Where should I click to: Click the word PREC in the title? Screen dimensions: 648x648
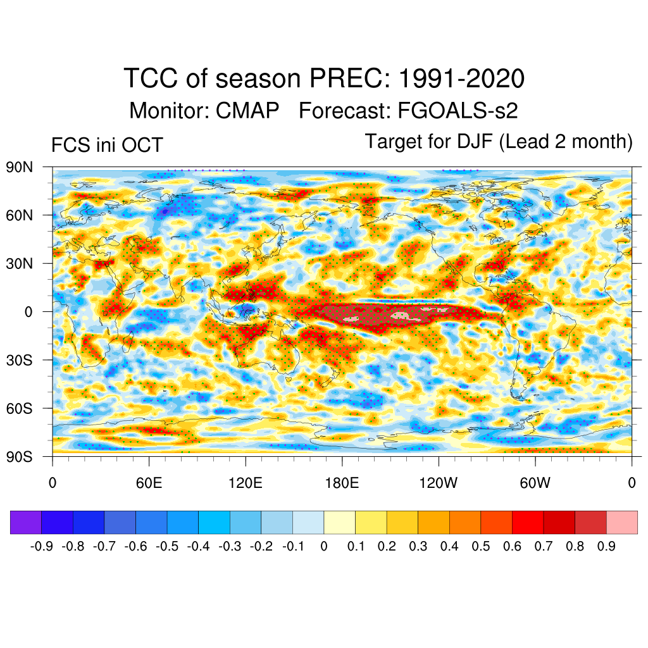pos(347,79)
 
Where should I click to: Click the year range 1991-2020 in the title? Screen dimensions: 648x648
pos(462,79)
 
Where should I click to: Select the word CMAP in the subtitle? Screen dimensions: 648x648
pos(247,111)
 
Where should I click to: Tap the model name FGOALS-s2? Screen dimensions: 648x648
pos(458,111)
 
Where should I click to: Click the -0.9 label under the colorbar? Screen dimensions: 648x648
pos(41,546)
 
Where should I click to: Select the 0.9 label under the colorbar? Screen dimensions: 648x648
pos(606,546)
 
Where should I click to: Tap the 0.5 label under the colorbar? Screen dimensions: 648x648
pos(481,546)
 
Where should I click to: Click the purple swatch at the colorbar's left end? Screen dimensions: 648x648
pos(26,523)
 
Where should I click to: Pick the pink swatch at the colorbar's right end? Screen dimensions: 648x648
pos(621,523)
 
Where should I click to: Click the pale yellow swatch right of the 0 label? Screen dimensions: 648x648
pos(339,523)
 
